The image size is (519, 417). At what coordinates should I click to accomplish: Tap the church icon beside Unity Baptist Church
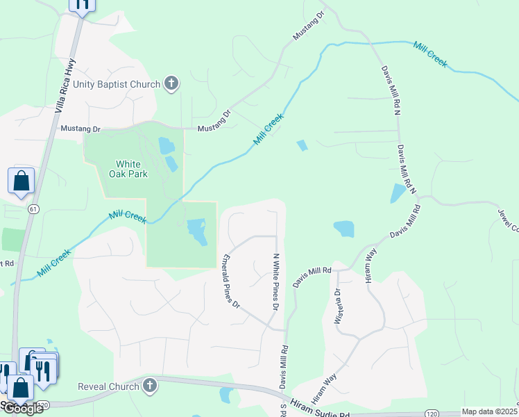171,85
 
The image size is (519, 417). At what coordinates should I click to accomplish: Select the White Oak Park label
131,169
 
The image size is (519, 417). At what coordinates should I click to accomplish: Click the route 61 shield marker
33,208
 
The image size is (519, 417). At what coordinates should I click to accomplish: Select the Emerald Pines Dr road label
230,281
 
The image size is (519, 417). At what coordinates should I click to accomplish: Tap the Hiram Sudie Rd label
321,410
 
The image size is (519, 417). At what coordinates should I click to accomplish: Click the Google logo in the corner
22,408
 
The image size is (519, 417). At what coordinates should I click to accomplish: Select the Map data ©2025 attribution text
489,411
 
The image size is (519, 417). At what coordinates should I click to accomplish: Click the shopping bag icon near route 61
21,181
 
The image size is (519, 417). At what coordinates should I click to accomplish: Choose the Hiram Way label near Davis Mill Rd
371,265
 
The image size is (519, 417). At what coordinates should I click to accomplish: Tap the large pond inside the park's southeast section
197,231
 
